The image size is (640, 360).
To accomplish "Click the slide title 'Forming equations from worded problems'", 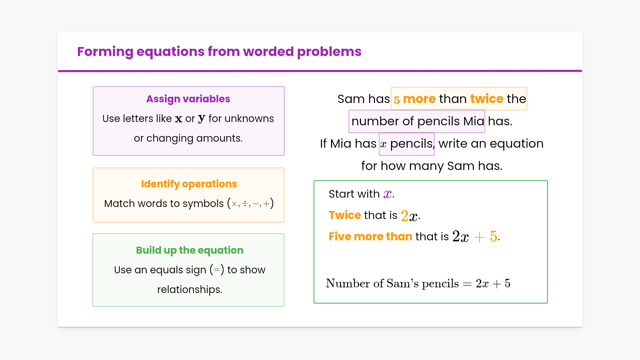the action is tap(219, 52).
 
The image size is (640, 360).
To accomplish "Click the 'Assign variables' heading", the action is tap(188, 99).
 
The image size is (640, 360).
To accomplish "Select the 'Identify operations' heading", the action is tap(189, 184).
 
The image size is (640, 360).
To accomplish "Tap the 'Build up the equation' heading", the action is tap(190, 250).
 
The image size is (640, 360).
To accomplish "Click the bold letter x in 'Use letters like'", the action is tap(179, 119).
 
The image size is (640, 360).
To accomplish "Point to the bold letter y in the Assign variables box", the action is tap(201, 119).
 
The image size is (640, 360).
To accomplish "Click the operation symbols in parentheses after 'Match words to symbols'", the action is tap(250, 203).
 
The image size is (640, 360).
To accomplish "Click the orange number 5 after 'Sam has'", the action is tap(397, 100).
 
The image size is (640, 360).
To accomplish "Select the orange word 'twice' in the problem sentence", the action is tap(487, 99).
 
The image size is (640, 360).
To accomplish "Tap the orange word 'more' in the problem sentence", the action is tap(419, 99).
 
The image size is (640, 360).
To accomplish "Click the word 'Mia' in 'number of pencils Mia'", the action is tap(474, 121).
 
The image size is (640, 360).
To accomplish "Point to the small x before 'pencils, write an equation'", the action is tap(383, 144).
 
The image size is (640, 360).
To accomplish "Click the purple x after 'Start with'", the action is tap(387, 194).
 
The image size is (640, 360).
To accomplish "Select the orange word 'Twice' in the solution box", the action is tap(345, 215).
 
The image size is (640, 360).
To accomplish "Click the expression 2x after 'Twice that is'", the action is tap(409, 216).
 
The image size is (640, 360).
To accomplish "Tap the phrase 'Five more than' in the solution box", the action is tap(370, 237).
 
